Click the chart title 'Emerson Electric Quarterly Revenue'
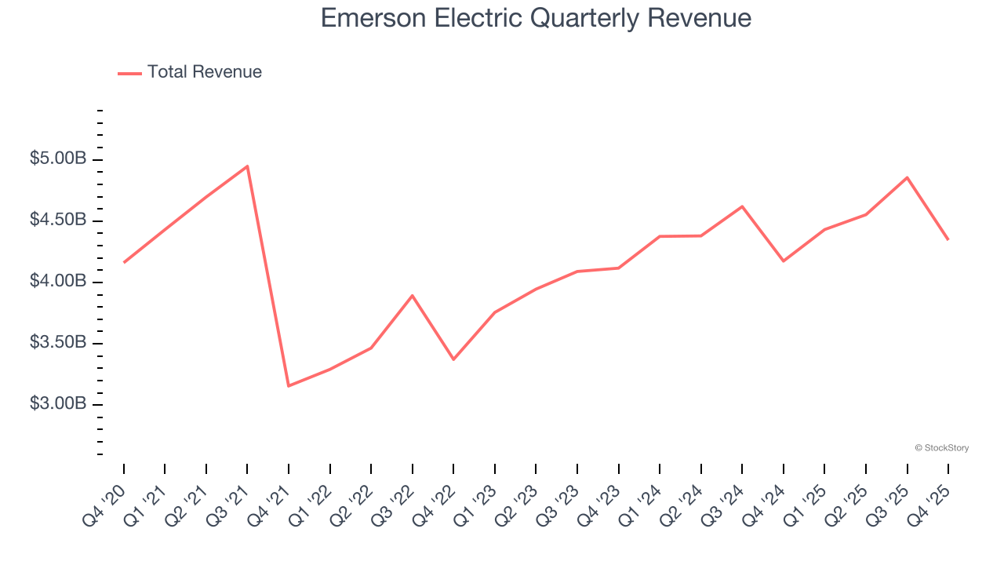[536, 18]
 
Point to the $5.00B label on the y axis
[58, 159]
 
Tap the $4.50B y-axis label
[58, 221]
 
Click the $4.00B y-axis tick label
[58, 282]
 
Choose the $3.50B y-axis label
[58, 343]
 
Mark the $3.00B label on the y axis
[58, 404]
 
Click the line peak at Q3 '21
[247, 166]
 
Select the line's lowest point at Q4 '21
[289, 385]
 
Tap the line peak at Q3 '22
[413, 296]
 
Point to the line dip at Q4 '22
[453, 359]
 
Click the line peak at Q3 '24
[742, 206]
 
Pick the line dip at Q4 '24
[784, 261]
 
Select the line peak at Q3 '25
[907, 177]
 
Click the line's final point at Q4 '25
[948, 239]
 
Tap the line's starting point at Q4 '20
[124, 262]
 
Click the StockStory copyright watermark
[941, 448]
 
